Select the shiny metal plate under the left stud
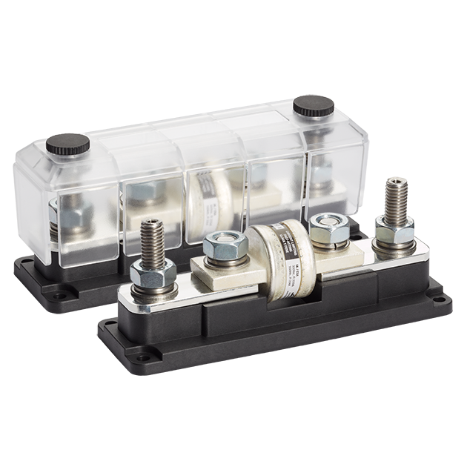click(x=156, y=297)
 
